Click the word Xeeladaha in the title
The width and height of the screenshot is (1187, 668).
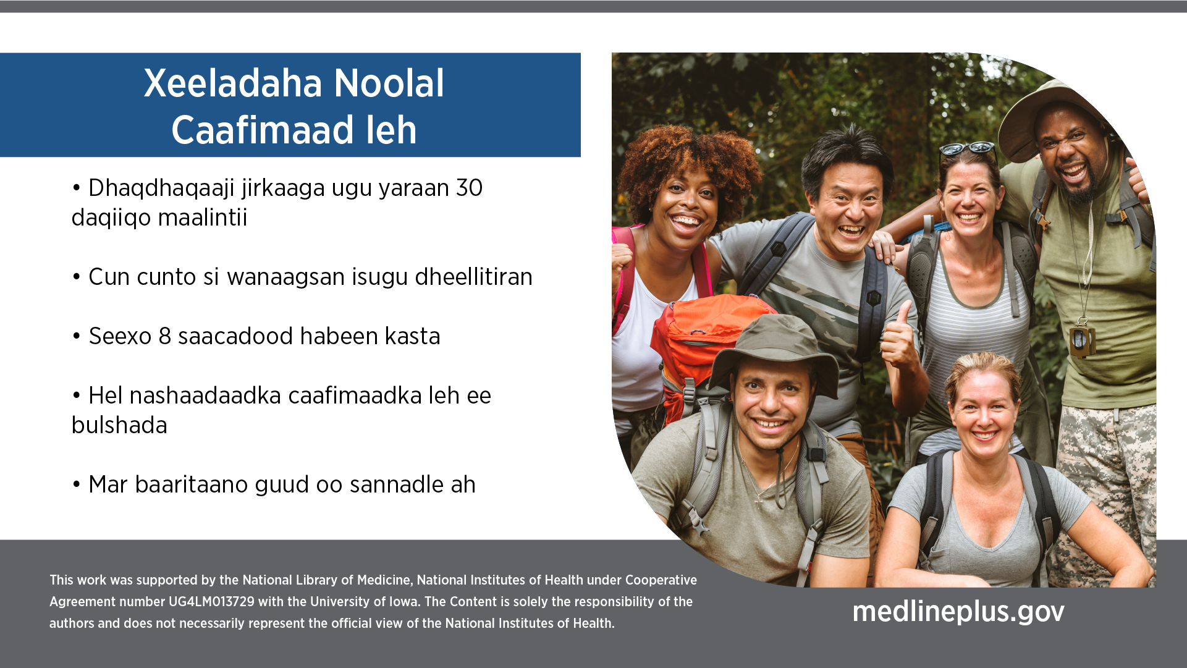(234, 83)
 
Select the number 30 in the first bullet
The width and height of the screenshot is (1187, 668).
(469, 188)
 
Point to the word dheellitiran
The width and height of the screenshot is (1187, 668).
(473, 277)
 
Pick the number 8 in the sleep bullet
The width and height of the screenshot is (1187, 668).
(164, 336)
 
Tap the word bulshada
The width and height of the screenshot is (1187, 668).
(119, 425)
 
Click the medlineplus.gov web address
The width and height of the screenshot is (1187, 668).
(958, 612)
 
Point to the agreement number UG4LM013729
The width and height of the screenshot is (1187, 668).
(211, 602)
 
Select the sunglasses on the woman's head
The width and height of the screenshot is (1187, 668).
(967, 148)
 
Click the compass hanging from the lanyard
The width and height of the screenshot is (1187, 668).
(1083, 338)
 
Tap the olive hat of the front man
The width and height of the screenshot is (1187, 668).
(774, 349)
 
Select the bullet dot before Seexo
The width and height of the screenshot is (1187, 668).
(77, 337)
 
